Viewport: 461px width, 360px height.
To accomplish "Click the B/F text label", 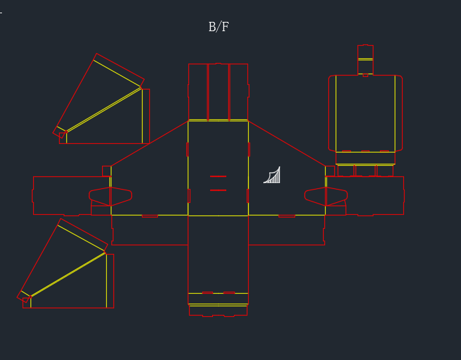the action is (x=218, y=27).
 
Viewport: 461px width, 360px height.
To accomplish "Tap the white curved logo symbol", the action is (x=272, y=175).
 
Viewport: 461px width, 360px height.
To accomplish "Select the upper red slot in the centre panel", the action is (x=218, y=176).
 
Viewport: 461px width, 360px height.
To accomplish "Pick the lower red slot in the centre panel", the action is (x=218, y=190).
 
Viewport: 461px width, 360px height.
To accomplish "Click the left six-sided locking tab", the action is (x=110, y=196).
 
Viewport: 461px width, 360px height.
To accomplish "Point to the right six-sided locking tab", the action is (x=326, y=196).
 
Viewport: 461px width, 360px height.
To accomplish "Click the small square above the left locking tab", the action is (x=107, y=171).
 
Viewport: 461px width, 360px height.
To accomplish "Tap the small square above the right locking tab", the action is (x=330, y=171).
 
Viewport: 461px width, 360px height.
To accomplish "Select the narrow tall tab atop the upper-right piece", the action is (x=365, y=60).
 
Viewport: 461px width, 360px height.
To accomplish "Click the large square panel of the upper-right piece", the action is (x=365, y=113).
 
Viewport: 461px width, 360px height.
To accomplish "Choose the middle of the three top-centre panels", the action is (x=218, y=91).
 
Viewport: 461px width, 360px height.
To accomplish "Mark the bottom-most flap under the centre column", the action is (x=218, y=311).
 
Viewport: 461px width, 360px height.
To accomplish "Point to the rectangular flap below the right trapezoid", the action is (x=287, y=230).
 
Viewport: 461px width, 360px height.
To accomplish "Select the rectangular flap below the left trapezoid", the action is (x=150, y=230).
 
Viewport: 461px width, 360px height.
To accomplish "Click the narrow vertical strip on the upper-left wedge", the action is (x=146, y=116).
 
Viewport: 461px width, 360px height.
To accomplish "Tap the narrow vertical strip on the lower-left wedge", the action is (x=110, y=281).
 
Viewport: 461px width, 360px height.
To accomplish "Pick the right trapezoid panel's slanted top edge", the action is (x=287, y=143).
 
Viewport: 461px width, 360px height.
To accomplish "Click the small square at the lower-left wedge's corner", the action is (x=27, y=303).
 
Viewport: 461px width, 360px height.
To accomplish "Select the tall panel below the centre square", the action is (x=218, y=255).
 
